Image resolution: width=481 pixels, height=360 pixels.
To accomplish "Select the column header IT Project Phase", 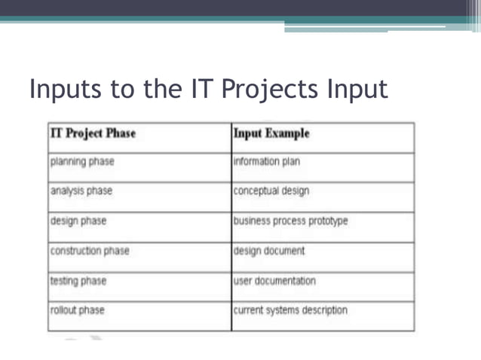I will [x=93, y=133].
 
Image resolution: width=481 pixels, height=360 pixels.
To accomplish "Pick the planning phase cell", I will [x=82, y=161].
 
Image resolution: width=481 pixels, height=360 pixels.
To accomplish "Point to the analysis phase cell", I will [x=81, y=191].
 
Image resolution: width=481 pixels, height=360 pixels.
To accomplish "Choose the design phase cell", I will [x=78, y=221].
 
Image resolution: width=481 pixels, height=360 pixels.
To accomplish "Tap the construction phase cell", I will [x=90, y=251].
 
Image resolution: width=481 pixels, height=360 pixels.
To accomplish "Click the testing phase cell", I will [x=78, y=281].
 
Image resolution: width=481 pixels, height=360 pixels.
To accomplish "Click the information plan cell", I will [x=267, y=161].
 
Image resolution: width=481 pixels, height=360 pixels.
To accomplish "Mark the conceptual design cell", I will [x=271, y=191].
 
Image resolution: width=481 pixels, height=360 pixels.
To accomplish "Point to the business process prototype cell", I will [x=290, y=221].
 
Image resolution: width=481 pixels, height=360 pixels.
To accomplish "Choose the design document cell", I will [x=269, y=251].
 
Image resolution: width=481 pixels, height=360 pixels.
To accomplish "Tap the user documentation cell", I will [x=274, y=281].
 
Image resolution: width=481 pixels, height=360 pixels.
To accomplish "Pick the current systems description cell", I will [x=290, y=310].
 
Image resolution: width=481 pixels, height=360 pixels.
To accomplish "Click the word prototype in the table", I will [x=328, y=221].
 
